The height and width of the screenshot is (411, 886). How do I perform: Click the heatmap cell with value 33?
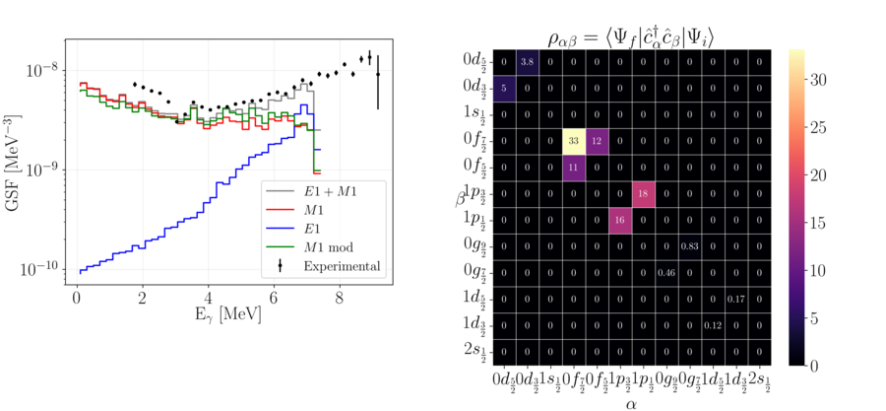point(574,141)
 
